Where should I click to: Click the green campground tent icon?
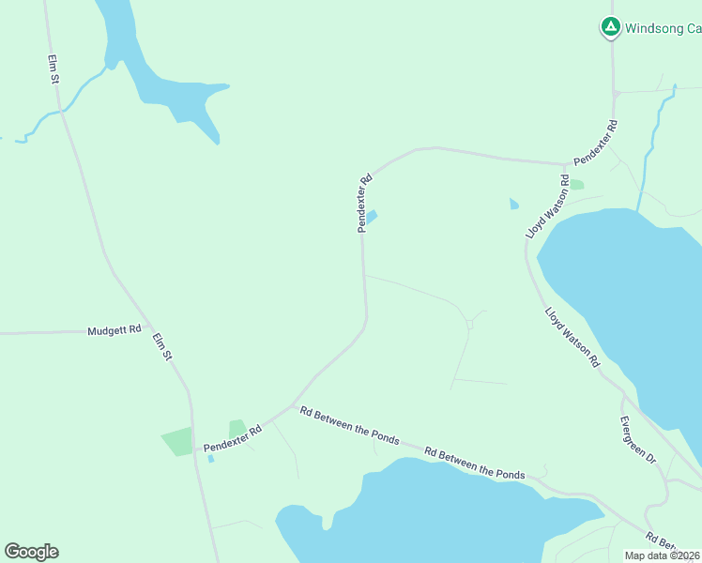(x=610, y=27)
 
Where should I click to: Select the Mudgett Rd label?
(x=114, y=330)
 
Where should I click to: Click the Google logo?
(x=31, y=552)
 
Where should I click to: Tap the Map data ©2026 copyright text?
(x=663, y=555)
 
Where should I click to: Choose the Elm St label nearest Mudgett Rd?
(x=162, y=342)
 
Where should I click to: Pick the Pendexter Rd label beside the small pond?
(x=364, y=202)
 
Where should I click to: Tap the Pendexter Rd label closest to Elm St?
(x=232, y=437)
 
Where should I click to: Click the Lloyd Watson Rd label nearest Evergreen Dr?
(x=572, y=335)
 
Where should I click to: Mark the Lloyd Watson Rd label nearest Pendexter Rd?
(x=548, y=205)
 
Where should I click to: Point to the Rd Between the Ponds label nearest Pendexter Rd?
(x=349, y=426)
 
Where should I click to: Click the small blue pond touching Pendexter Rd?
(x=372, y=217)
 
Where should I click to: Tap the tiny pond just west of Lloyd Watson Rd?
(x=513, y=203)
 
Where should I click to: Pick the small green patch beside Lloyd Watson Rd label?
(x=576, y=185)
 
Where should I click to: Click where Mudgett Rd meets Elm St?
(x=147, y=329)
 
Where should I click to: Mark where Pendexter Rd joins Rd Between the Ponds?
(x=294, y=406)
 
